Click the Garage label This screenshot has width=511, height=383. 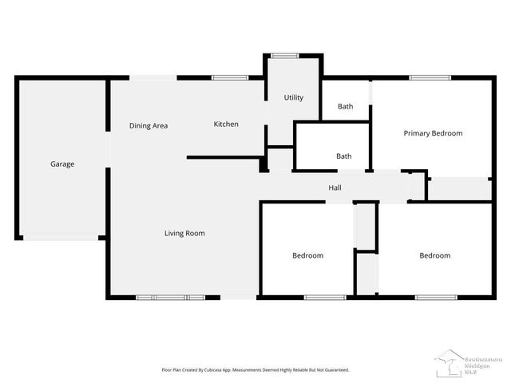pyautogui.click(x=62, y=164)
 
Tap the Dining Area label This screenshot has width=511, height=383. pyautogui.click(x=149, y=125)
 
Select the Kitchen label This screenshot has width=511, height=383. pyautogui.click(x=226, y=124)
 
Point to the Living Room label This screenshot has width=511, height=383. pyautogui.click(x=184, y=234)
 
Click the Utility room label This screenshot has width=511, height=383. pyautogui.click(x=294, y=98)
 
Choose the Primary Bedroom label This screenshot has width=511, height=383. pyautogui.click(x=433, y=133)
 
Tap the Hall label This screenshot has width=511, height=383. pyautogui.click(x=335, y=188)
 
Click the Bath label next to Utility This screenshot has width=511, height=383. pyautogui.click(x=345, y=106)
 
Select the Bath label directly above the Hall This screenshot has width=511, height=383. pyautogui.click(x=344, y=156)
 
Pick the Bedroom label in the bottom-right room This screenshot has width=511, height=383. pyautogui.click(x=435, y=255)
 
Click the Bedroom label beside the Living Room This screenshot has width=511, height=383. pyautogui.click(x=307, y=255)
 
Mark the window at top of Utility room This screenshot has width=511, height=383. pyautogui.click(x=283, y=55)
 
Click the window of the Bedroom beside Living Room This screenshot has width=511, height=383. pyautogui.click(x=325, y=298)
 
